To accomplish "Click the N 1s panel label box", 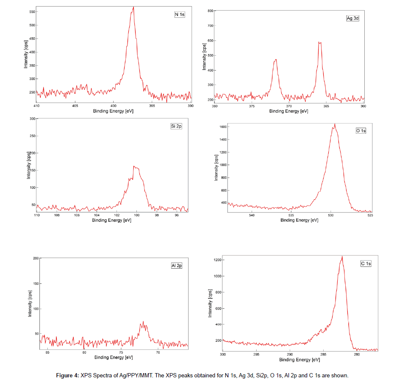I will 180,15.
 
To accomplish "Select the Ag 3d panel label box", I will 352,19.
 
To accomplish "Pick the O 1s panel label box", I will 361,131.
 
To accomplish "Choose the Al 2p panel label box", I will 177,266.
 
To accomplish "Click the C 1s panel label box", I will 366,264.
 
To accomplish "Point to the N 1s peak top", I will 133,7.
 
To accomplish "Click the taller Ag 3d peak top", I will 320,42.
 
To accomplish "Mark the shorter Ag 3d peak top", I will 275,60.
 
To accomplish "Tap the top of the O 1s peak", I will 335,124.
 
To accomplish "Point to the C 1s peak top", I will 342,256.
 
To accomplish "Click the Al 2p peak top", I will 143,322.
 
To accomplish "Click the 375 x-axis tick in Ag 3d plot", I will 252,102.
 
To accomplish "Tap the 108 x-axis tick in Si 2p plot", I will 57,212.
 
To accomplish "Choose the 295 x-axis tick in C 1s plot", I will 256,351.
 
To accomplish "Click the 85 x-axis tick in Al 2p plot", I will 47,348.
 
